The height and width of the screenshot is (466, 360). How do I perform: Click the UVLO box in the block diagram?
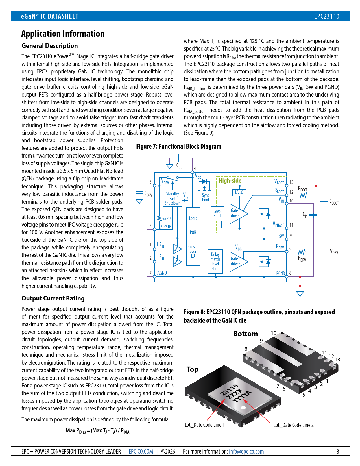click(x=239, y=192)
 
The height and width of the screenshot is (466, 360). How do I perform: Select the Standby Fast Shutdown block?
click(x=173, y=198)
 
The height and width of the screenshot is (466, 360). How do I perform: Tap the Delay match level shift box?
click(x=215, y=262)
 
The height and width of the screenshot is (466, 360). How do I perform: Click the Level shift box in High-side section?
click(x=217, y=214)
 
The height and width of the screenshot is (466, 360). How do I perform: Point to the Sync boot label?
click(x=206, y=197)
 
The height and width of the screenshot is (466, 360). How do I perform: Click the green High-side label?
click(x=230, y=181)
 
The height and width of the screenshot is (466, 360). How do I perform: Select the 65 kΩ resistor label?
click(x=166, y=218)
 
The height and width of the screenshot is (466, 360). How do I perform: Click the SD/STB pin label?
click(x=166, y=227)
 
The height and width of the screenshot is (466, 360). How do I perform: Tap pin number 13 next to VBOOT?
click(x=291, y=182)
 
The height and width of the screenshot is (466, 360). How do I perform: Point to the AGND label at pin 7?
click(x=162, y=273)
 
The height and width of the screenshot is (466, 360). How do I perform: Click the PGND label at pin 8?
click(x=280, y=273)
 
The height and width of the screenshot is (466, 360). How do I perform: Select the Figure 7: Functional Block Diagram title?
click(x=179, y=146)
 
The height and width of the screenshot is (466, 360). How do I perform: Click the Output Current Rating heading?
click(x=53, y=298)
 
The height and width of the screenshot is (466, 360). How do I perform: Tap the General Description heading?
click(x=50, y=46)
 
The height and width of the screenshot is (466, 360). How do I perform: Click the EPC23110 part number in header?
click(x=327, y=16)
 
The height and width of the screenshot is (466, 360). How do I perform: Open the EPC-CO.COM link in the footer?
click(x=141, y=451)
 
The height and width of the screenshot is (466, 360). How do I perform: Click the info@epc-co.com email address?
click(x=246, y=451)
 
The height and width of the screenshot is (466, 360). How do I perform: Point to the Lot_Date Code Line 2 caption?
click(x=293, y=425)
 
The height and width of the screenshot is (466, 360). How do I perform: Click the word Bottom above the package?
click(x=245, y=334)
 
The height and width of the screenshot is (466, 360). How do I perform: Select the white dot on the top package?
click(x=243, y=408)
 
